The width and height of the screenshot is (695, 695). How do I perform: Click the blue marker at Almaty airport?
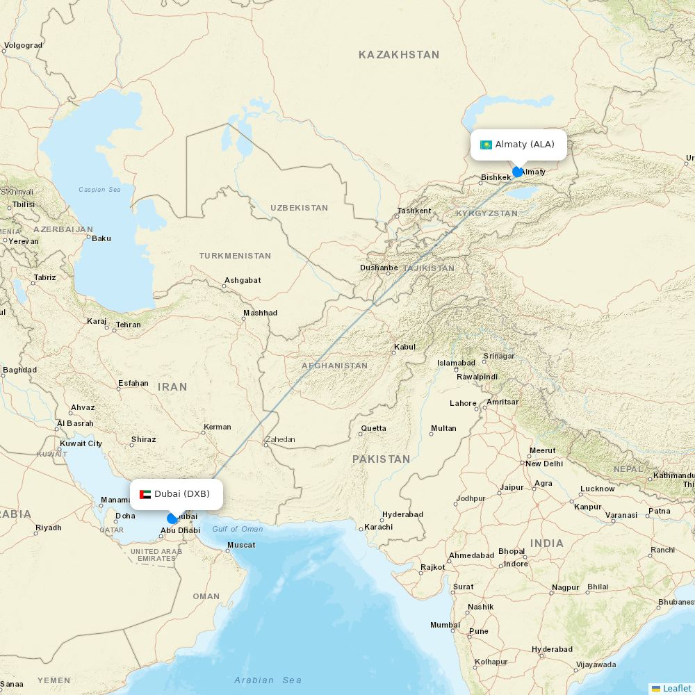[x=518, y=172]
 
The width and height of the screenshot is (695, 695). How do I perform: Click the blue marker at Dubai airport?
[x=172, y=518]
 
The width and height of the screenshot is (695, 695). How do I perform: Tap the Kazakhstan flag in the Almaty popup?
[x=486, y=145]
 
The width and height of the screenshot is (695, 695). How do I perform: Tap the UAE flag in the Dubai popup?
[x=145, y=494]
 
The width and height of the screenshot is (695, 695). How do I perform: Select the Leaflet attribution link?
[x=676, y=688]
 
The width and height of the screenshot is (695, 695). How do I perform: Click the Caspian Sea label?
[x=99, y=189]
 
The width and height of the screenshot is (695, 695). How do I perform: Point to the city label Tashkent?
[x=414, y=211]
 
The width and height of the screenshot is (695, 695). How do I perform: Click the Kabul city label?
[x=404, y=347]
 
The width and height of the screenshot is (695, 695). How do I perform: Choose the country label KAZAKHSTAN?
[x=399, y=54]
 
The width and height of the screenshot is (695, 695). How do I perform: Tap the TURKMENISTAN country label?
[x=235, y=256]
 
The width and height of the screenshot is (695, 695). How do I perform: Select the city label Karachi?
[x=378, y=527]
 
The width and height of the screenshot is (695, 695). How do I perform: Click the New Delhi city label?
[x=543, y=464]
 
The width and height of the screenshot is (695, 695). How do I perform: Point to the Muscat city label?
[x=241, y=545]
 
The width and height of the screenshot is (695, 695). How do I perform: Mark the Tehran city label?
[x=128, y=325]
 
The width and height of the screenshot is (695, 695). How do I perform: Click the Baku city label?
[x=101, y=238]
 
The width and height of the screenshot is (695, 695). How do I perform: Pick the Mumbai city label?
[x=445, y=625]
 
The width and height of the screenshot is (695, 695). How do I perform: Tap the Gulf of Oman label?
[x=238, y=529]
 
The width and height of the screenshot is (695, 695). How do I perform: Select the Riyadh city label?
[x=48, y=528]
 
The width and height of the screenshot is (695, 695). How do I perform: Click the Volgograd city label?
[x=23, y=45]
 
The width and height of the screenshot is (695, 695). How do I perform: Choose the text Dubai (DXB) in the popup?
[x=181, y=494]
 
